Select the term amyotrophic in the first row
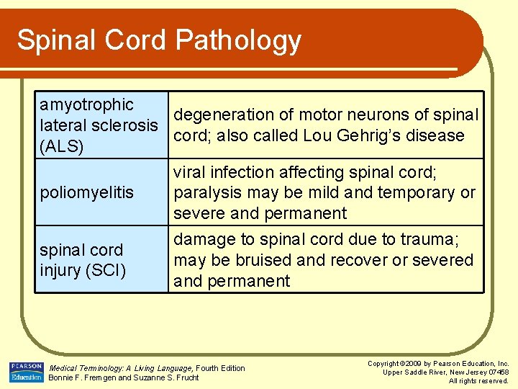86,104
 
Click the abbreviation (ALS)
62,146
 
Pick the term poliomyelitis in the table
86,193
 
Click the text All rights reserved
478,380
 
